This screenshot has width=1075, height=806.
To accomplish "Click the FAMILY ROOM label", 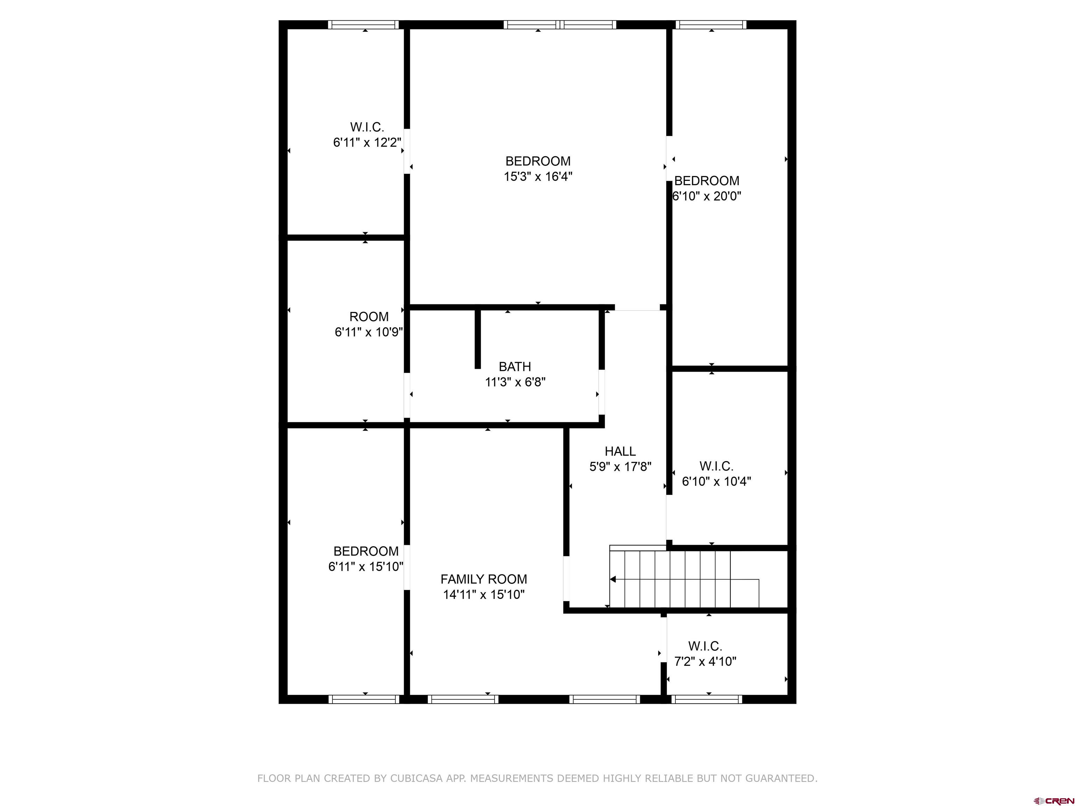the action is [484, 579].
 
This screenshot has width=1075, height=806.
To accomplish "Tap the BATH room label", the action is [515, 366].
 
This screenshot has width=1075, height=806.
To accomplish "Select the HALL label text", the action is [620, 451].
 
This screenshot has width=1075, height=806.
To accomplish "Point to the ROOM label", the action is [369, 317].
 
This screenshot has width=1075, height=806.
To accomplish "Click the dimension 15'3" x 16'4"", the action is [538, 176].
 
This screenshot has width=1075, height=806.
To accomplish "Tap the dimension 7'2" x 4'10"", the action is [705, 661].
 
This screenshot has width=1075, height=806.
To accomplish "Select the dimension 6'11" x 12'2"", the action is [367, 142].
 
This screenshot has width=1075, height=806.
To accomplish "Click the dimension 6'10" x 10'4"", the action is [716, 481].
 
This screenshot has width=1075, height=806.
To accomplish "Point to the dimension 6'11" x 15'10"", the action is [366, 566].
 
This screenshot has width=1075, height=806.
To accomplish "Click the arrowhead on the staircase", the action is [613, 579].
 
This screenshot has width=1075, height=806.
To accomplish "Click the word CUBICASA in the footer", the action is [416, 778].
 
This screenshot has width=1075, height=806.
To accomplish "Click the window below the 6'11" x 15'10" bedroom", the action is [364, 699].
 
